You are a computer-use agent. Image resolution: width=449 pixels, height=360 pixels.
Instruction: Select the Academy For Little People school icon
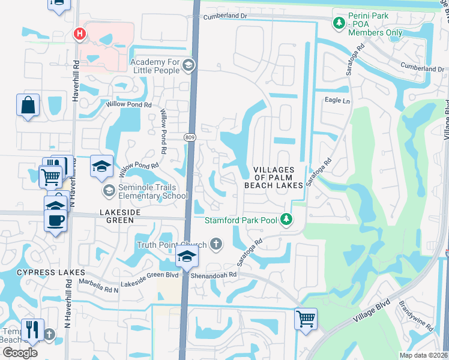click(188, 65)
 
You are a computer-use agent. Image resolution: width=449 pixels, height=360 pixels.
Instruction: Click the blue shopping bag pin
click(28, 106)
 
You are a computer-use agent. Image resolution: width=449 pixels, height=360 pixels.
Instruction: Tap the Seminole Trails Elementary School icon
click(109, 191)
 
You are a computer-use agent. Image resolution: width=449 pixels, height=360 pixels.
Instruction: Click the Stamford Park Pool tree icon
click(287, 220)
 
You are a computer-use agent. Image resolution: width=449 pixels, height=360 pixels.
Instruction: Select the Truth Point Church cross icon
click(215, 244)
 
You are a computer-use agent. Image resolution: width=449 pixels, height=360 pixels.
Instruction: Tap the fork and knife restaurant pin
click(32, 329)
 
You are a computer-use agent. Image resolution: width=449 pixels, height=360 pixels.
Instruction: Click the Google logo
click(20, 352)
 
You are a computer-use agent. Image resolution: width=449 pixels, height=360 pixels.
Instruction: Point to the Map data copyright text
click(424, 355)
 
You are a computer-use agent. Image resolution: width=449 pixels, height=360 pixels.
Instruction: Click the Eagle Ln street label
click(337, 100)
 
